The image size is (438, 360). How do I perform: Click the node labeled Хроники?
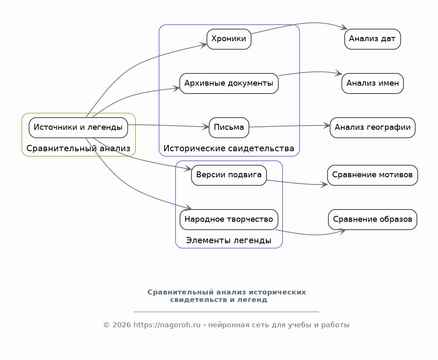tap(229, 39)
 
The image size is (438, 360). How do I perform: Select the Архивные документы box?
tap(229, 83)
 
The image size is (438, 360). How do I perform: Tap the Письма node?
tap(229, 127)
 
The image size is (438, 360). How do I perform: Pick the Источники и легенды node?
tap(78, 127)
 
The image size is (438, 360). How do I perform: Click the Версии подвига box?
tap(229, 175)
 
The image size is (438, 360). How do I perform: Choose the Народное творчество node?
tap(229, 219)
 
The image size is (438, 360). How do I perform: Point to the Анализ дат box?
tap(372, 39)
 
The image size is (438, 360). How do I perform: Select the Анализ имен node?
tap(372, 83)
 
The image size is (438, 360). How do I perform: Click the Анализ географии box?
tap(372, 127)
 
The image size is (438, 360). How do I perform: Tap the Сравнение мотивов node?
tap(372, 175)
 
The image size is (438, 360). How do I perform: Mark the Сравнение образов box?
tap(372, 219)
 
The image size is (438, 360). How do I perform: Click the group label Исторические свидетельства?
tap(229, 148)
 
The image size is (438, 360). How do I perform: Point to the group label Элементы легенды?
tap(229, 240)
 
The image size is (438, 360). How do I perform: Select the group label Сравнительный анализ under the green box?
tap(78, 148)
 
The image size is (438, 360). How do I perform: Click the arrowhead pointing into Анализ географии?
tap(327, 126)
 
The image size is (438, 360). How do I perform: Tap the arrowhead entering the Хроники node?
tap(203, 45)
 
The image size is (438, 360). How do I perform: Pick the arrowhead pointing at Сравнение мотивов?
tap(324, 184)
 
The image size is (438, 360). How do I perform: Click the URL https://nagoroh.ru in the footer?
tap(167, 325)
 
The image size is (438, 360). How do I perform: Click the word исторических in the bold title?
tap(278, 292)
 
